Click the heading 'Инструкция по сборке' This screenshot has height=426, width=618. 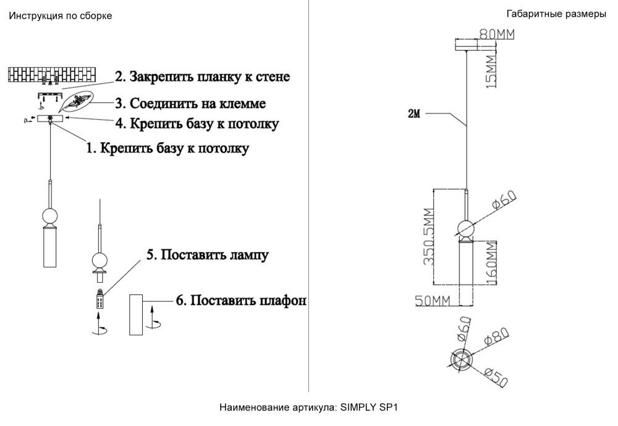coord(60,16)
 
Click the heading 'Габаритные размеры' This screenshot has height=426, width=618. coord(556,14)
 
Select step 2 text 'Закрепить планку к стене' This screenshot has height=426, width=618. coord(202,77)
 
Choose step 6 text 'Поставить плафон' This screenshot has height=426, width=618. coord(241,301)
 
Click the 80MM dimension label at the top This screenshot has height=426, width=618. coord(497,34)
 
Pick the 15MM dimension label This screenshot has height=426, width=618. coord(491,72)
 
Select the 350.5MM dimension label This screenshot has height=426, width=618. coord(426,239)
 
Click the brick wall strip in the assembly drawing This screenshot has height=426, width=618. coord(53,75)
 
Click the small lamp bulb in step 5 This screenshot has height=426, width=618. coord(99,301)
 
